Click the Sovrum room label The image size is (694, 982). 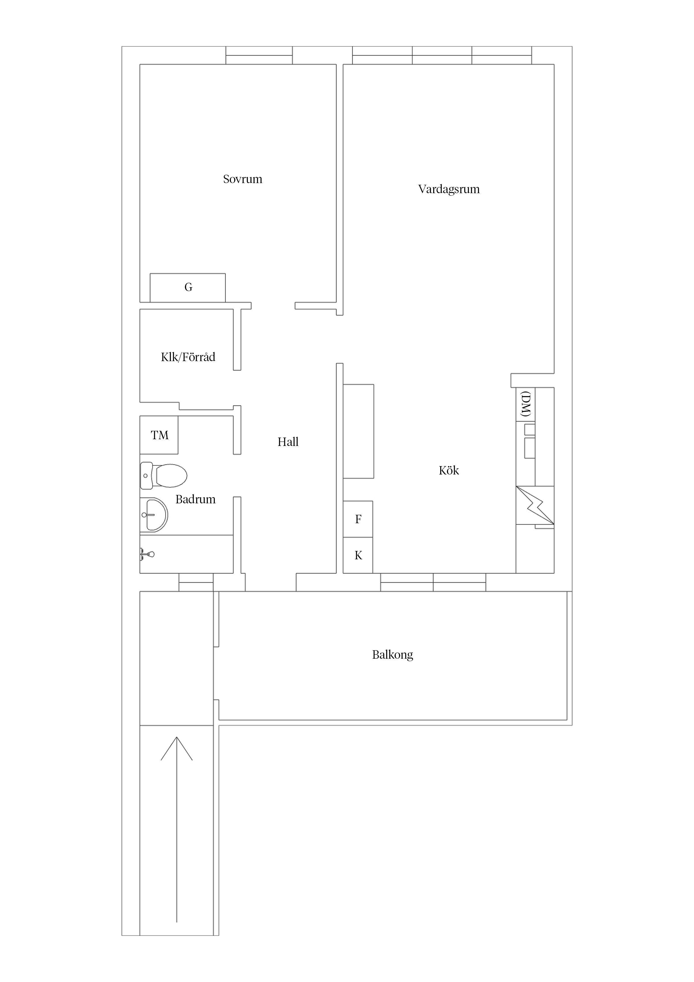pyautogui.click(x=242, y=179)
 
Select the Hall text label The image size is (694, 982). pyautogui.click(x=288, y=442)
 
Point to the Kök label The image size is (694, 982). pyautogui.click(x=449, y=471)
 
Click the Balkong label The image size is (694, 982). pyautogui.click(x=393, y=655)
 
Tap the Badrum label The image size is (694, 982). pyautogui.click(x=195, y=499)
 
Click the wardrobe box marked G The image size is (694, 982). pyautogui.click(x=188, y=288)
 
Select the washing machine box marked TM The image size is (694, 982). pyautogui.click(x=159, y=435)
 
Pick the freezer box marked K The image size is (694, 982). pyautogui.click(x=358, y=555)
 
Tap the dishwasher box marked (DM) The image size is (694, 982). pyautogui.click(x=526, y=404)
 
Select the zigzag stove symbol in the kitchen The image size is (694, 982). pyautogui.click(x=535, y=505)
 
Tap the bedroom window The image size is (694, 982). pyautogui.click(x=259, y=55)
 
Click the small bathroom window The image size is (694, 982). pyautogui.click(x=196, y=582)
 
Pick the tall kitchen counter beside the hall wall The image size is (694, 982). pyautogui.click(x=358, y=431)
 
